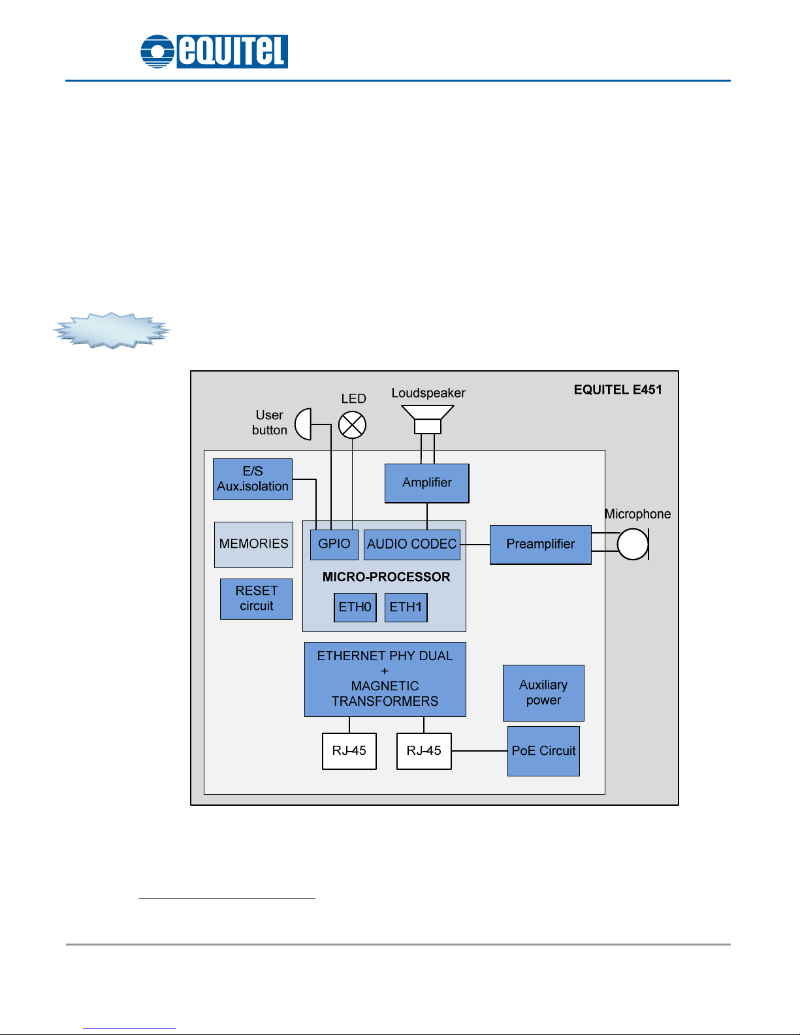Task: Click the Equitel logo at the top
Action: click(x=214, y=52)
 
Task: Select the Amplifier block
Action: click(x=426, y=483)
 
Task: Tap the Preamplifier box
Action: click(x=540, y=545)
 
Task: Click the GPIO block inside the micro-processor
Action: click(x=334, y=544)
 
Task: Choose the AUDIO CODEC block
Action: click(x=411, y=545)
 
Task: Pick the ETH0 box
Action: click(x=355, y=607)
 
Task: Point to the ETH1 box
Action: click(x=406, y=607)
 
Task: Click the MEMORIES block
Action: click(x=253, y=544)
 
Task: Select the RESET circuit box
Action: click(x=256, y=599)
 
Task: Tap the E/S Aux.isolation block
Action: click(x=252, y=479)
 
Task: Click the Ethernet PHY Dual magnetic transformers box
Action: click(x=385, y=679)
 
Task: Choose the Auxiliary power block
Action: click(x=543, y=693)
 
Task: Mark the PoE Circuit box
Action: click(x=543, y=751)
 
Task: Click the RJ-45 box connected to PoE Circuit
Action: click(x=424, y=751)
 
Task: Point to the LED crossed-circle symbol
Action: click(x=353, y=425)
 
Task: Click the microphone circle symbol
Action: click(x=632, y=545)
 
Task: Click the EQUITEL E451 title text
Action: click(x=618, y=390)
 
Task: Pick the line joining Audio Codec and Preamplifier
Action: click(x=475, y=545)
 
